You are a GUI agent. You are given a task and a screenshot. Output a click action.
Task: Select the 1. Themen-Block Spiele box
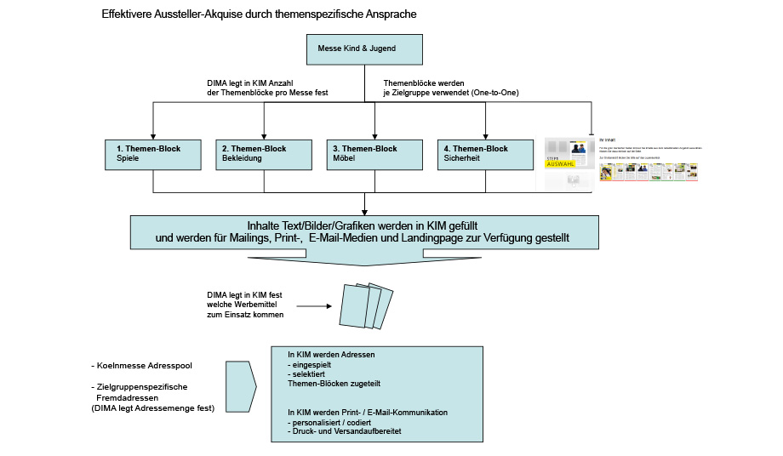(152, 154)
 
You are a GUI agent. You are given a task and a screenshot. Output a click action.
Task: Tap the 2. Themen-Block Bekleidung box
(263, 154)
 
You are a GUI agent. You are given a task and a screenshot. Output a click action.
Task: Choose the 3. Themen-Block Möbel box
(374, 154)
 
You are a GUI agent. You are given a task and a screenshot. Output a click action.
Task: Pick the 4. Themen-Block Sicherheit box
(484, 154)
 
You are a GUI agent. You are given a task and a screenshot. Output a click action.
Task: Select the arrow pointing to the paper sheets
(315, 305)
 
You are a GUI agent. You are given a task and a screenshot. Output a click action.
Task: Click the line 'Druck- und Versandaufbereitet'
(346, 431)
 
